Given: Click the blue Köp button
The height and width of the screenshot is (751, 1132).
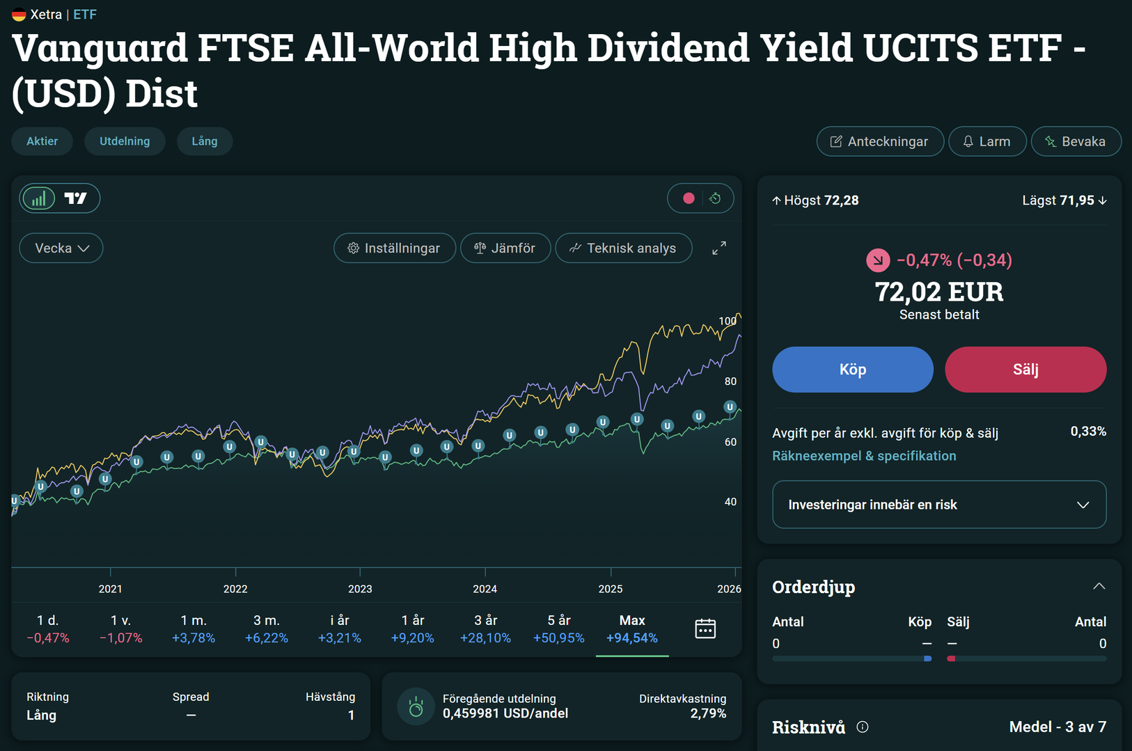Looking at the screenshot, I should coord(852,370).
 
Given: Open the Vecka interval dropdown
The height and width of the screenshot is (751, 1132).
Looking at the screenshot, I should coord(61,248).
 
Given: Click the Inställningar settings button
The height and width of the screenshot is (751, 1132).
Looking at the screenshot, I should coord(395,248).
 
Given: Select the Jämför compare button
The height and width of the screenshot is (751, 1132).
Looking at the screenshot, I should coord(505,248).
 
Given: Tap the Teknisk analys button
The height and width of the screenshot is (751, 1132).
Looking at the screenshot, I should coord(623,248).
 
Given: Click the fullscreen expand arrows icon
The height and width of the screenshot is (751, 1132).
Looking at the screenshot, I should coord(719,248).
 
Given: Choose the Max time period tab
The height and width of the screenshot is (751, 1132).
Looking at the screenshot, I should coord(631,629).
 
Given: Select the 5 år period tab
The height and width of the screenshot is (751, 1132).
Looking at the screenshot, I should coord(558,629).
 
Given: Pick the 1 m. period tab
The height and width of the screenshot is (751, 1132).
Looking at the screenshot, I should coord(194,629).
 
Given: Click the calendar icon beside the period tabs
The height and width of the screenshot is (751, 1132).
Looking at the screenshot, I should coord(705,629).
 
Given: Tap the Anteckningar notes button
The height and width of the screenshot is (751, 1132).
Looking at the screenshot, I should coord(880,141).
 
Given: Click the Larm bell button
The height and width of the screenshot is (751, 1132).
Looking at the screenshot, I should coord(986,141).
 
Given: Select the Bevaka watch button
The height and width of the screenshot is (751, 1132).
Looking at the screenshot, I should coord(1076,141).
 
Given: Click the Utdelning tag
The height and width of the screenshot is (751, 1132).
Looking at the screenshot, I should coord(125,141).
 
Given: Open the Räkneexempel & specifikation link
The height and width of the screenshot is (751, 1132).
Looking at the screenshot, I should coord(864,456).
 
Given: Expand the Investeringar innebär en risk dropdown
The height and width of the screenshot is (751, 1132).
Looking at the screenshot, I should coord(938,505).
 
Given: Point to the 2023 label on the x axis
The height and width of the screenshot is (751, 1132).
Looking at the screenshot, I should coord(360,589).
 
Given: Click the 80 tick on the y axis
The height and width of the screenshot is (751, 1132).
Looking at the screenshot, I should coord(730,381).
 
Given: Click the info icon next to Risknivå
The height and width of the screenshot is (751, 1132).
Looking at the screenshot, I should coord(863,727).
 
